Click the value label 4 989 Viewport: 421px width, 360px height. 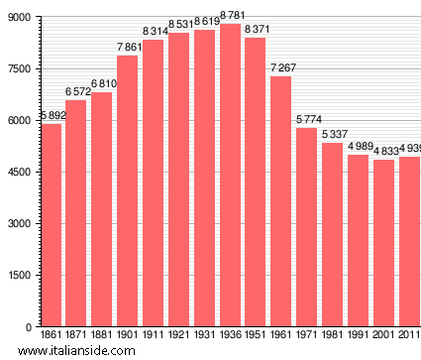pyautogui.click(x=359, y=146)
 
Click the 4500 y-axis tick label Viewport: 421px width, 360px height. pyautogui.click(x=17, y=172)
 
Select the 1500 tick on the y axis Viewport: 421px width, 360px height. pyautogui.click(x=17, y=275)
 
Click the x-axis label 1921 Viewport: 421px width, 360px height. pyautogui.click(x=179, y=336)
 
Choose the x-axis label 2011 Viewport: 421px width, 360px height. pyautogui.click(x=409, y=336)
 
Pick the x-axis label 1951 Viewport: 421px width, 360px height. pyautogui.click(x=256, y=336)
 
